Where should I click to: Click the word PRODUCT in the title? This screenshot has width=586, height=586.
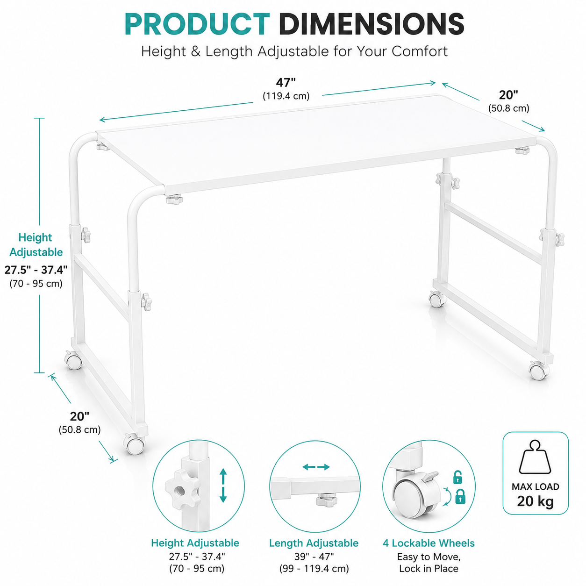(197, 24)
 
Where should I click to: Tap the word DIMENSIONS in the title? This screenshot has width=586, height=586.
(372, 24)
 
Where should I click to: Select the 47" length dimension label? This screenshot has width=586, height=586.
(286, 82)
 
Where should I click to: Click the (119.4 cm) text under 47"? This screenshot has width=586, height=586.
(286, 96)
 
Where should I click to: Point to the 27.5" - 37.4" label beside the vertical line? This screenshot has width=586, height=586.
(36, 270)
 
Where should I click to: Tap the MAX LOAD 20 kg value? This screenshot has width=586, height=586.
(535, 501)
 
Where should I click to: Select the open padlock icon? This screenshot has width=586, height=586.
(457, 477)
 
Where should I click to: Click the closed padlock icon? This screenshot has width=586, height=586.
(460, 496)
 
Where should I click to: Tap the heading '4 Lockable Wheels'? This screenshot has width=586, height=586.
(429, 543)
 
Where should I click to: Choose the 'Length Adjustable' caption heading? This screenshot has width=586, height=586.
(314, 543)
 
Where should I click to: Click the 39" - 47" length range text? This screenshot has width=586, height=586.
(314, 557)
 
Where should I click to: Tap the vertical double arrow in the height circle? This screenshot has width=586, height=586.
(223, 486)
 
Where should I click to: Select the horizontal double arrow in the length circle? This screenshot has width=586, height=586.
(316, 467)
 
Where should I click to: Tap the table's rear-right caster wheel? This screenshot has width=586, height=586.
(437, 299)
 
